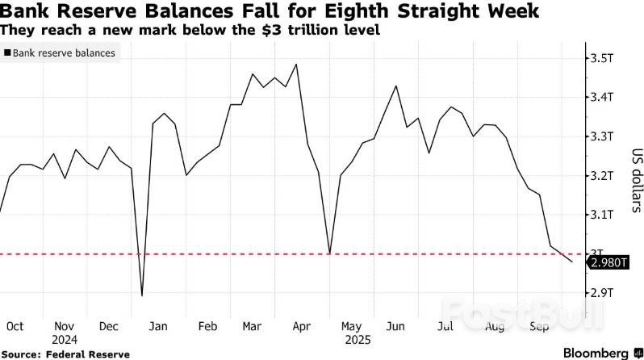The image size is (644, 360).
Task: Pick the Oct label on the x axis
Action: (14, 326)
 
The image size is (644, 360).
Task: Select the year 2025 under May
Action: (352, 340)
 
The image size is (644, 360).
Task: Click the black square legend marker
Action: (7, 53)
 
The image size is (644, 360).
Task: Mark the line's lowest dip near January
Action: (142, 295)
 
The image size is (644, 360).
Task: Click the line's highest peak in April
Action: (298, 65)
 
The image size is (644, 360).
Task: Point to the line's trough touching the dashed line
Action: (329, 253)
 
